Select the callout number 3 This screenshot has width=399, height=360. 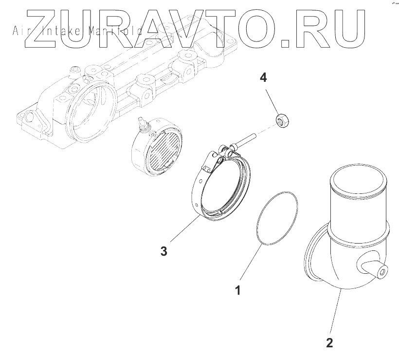pos(164,251)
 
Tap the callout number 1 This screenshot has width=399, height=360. pos(238,291)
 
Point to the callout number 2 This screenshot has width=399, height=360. pos(329,342)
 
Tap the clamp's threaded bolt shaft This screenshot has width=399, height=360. pos(248,139)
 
